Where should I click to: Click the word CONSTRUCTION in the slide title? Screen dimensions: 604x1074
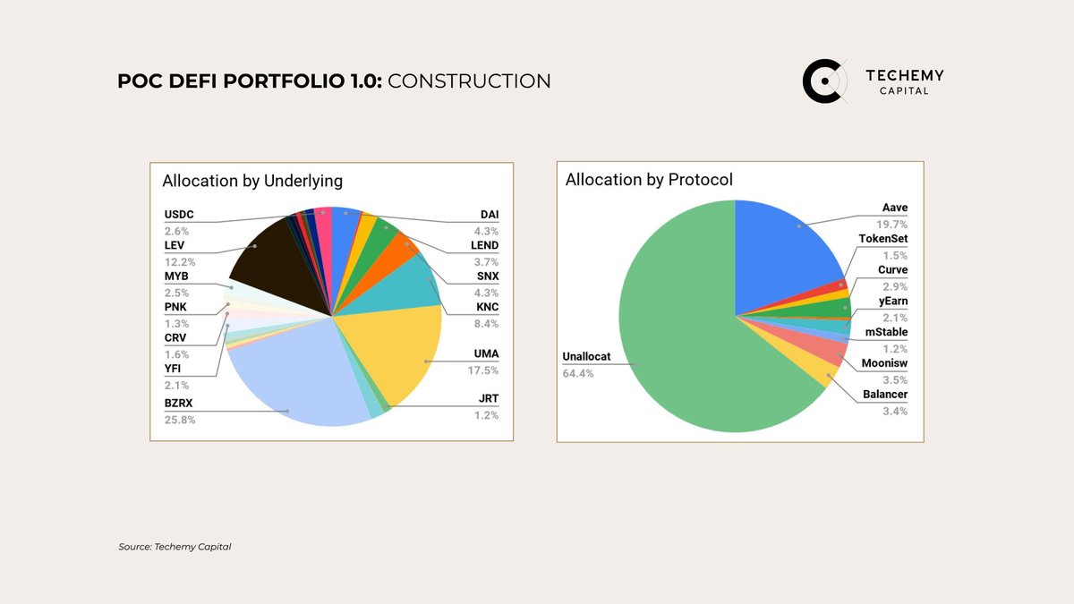coord(470,81)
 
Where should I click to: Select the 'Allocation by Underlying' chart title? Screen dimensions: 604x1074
coord(252,181)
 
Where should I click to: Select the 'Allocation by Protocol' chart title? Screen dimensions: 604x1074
coord(649,180)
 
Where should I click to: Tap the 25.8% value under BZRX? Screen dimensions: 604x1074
coord(179,420)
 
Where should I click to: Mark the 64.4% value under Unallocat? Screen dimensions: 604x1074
coord(577,373)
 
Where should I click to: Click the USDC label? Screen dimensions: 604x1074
coord(179,215)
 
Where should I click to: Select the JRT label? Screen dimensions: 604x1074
coord(488,398)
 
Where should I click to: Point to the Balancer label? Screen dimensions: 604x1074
coord(885,395)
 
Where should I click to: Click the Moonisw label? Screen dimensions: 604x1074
coord(884,363)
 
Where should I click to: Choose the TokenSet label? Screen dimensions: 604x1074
coord(882,239)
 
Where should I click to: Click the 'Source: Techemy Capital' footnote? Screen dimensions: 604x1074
coord(175,547)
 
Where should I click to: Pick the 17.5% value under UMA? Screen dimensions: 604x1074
coord(486,370)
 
